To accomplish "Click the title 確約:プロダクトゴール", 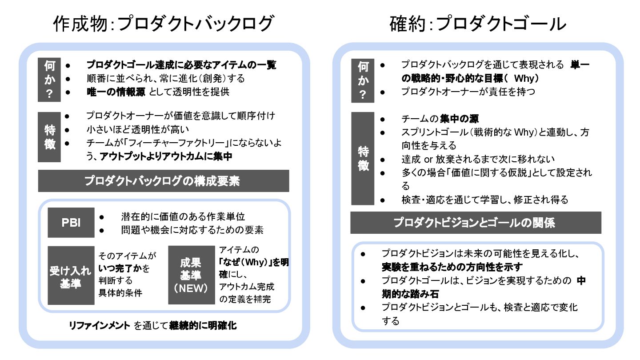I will click(x=478, y=24).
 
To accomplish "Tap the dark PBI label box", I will click(x=71, y=223).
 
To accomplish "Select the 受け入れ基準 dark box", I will click(x=71, y=276).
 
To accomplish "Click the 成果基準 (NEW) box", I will click(x=191, y=276).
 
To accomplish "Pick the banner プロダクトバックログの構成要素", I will click(x=164, y=180).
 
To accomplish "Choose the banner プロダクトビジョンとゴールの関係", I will click(x=476, y=223).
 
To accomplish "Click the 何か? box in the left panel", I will click(x=50, y=80).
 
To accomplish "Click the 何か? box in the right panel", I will click(x=363, y=80).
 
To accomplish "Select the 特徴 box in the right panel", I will click(x=363, y=159).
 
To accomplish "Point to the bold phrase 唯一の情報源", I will click(x=116, y=92).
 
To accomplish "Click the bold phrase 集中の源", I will click(x=459, y=119).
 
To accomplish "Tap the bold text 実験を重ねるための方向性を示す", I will click(x=452, y=267).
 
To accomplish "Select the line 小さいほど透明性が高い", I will click(x=138, y=130).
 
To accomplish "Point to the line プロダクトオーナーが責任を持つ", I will click(x=468, y=92).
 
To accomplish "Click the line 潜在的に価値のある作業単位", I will click(x=183, y=217).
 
